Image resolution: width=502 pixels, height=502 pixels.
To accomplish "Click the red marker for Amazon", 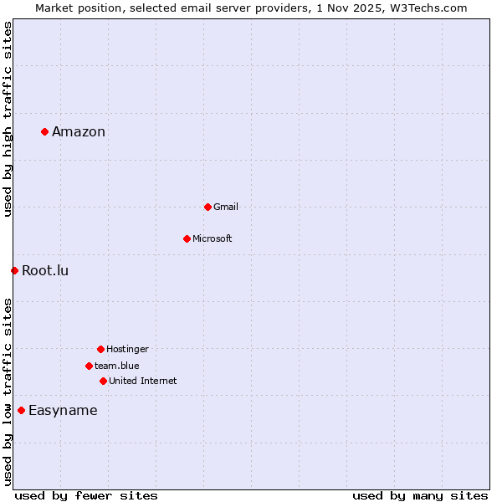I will point(44,131).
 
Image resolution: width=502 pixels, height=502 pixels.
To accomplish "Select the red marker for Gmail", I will point(207,207).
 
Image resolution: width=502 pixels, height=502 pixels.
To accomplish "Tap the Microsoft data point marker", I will point(187,238).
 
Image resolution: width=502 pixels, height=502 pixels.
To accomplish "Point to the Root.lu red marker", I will point(14,270).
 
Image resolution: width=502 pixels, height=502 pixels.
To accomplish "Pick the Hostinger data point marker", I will point(100,349).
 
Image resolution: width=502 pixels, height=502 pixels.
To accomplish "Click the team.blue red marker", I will point(89,366).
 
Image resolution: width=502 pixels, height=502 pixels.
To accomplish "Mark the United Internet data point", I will point(103,381).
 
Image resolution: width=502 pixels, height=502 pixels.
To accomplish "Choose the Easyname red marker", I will point(21,410).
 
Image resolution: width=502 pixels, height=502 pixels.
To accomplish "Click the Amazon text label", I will point(79,131).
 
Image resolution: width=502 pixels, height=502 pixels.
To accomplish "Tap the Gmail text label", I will point(226,207).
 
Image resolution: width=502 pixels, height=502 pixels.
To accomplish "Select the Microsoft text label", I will point(213,238).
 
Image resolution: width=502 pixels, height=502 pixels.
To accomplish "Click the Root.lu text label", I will point(45,270).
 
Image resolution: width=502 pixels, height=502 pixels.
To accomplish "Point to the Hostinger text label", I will point(127,349).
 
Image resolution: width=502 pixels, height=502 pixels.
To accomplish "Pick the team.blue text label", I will point(117,366).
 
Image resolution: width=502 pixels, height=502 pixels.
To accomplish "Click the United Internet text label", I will point(143,381).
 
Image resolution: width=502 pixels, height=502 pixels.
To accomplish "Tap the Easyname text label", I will point(63,410).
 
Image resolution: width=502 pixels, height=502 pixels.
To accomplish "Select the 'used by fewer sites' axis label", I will point(86,495).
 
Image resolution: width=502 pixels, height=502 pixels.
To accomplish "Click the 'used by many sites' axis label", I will point(420,495).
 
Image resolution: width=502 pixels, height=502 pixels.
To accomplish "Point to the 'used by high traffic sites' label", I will point(8,119).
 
